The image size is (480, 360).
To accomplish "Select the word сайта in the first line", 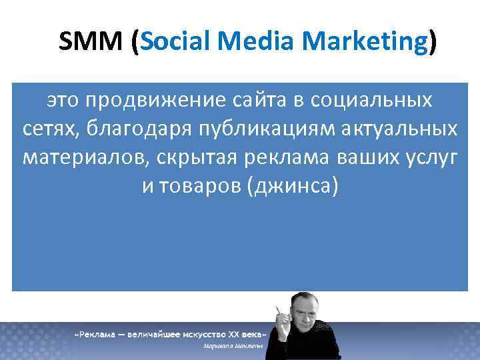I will point(259,101).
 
